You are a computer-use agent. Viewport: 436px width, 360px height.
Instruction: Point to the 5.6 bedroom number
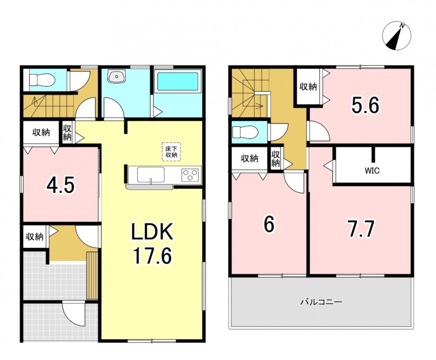(365, 106)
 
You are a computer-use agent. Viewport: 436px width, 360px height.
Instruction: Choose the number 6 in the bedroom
(269, 225)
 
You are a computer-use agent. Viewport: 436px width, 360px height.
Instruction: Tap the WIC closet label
(372, 170)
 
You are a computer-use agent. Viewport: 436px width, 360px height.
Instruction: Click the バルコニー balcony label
(321, 301)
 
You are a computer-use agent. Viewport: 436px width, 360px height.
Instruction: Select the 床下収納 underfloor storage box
(172, 151)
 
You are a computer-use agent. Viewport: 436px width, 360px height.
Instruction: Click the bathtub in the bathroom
(177, 82)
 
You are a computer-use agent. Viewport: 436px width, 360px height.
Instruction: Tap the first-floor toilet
(43, 80)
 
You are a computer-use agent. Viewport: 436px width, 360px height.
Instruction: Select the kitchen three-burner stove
(191, 175)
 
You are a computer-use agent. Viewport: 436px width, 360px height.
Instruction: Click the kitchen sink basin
(151, 175)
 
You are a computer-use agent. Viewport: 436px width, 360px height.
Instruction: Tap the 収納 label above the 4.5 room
(41, 132)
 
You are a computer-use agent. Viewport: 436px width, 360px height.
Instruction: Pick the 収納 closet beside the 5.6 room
(308, 87)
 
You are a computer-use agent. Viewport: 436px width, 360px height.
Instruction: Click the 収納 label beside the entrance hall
(35, 237)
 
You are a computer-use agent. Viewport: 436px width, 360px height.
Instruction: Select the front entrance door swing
(73, 314)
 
